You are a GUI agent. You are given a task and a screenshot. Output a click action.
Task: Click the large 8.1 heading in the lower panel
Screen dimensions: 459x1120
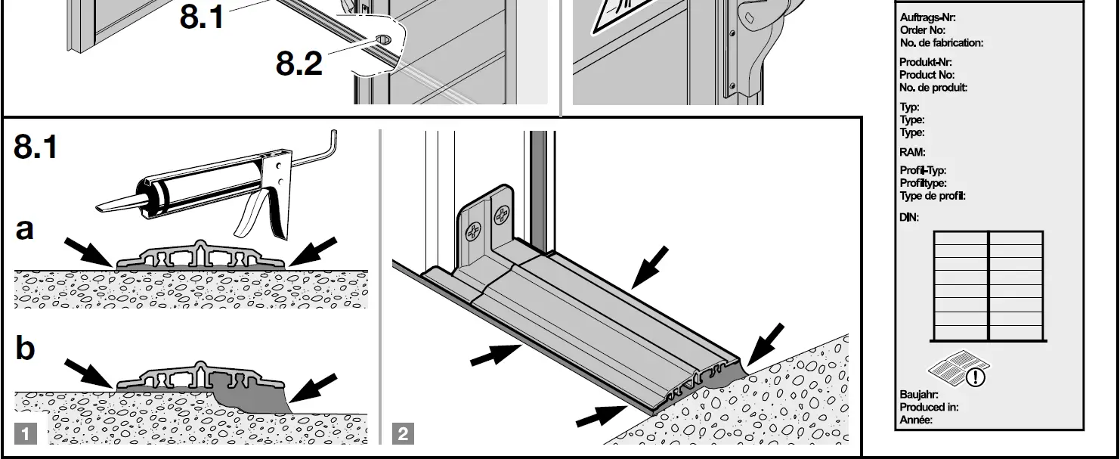click(x=36, y=147)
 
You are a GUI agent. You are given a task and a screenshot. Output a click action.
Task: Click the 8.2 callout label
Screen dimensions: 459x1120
click(x=299, y=64)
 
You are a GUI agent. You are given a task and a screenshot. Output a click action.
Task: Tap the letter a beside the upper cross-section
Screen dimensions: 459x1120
click(x=25, y=228)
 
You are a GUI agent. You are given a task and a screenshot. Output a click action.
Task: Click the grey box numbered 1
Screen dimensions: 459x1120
click(x=26, y=434)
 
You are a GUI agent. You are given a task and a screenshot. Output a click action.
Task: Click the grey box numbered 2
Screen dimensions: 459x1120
click(x=404, y=434)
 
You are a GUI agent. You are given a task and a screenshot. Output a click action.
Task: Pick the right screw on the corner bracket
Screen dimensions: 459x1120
click(x=501, y=219)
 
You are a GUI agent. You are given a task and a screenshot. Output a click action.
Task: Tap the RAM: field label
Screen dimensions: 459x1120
click(x=912, y=152)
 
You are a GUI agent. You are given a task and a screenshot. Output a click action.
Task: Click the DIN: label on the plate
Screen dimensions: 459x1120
click(x=909, y=218)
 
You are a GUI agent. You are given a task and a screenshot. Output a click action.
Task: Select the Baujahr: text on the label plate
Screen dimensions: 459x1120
click(x=919, y=394)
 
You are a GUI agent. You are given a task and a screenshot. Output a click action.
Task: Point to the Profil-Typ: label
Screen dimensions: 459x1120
click(x=923, y=171)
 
